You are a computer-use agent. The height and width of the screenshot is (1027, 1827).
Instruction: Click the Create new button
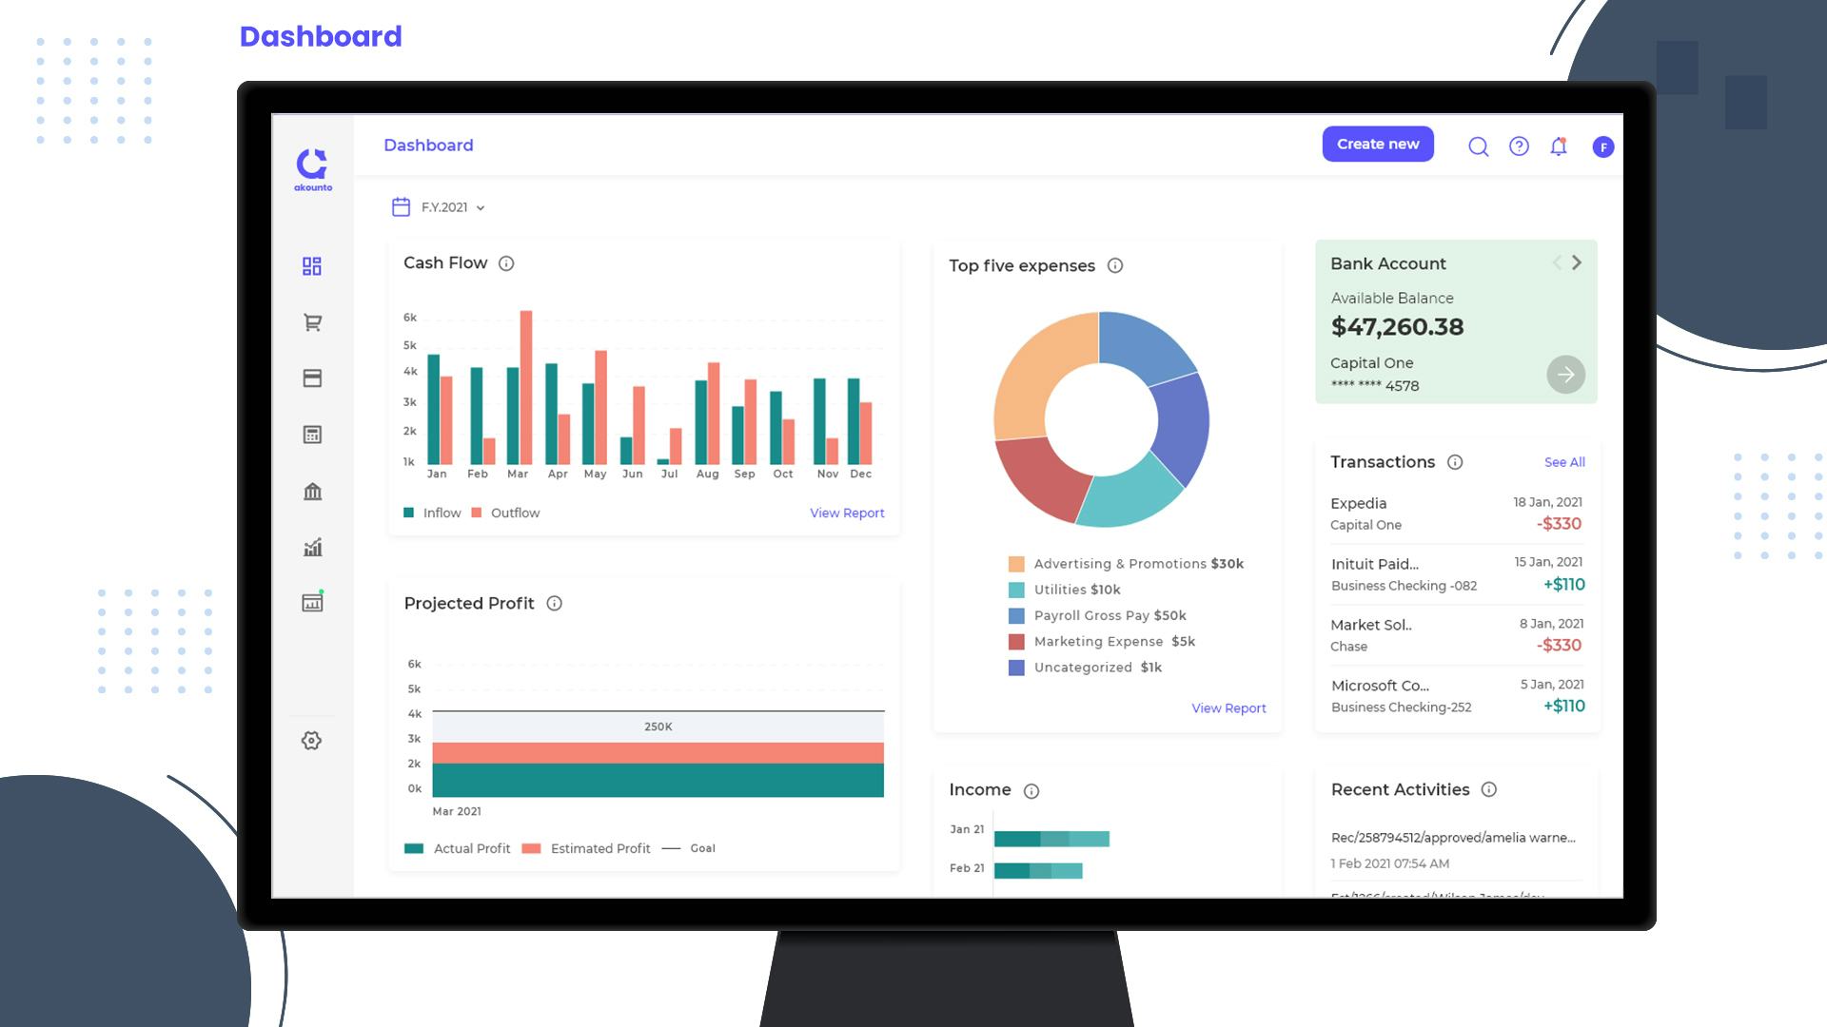coord(1377,145)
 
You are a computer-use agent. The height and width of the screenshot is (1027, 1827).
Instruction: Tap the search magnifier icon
coord(1478,146)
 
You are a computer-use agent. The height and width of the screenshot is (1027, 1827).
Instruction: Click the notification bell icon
coord(1558,146)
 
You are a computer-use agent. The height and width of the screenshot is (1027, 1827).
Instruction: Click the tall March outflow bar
coord(526,387)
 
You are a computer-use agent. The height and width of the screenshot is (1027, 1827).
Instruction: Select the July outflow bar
coord(676,446)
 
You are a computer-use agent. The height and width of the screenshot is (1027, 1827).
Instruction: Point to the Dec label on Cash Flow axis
coord(860,474)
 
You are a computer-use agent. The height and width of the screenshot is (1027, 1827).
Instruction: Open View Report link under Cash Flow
coord(847,513)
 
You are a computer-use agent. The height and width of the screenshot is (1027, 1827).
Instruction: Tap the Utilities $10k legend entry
coord(1076,590)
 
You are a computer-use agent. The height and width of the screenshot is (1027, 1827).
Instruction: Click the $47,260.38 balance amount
coord(1397,327)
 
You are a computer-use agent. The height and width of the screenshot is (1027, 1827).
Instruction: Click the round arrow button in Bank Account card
coord(1565,375)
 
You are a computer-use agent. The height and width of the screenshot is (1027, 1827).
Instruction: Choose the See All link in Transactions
coord(1564,462)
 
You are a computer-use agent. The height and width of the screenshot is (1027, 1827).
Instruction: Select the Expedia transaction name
coord(1358,503)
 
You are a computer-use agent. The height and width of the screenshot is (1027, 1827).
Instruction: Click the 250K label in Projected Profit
coord(658,727)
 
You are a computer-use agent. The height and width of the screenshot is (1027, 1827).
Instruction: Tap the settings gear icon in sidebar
coord(311,741)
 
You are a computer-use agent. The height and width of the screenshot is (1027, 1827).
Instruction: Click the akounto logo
coord(312,169)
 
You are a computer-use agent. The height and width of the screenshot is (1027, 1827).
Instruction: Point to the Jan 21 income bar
coord(1051,839)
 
